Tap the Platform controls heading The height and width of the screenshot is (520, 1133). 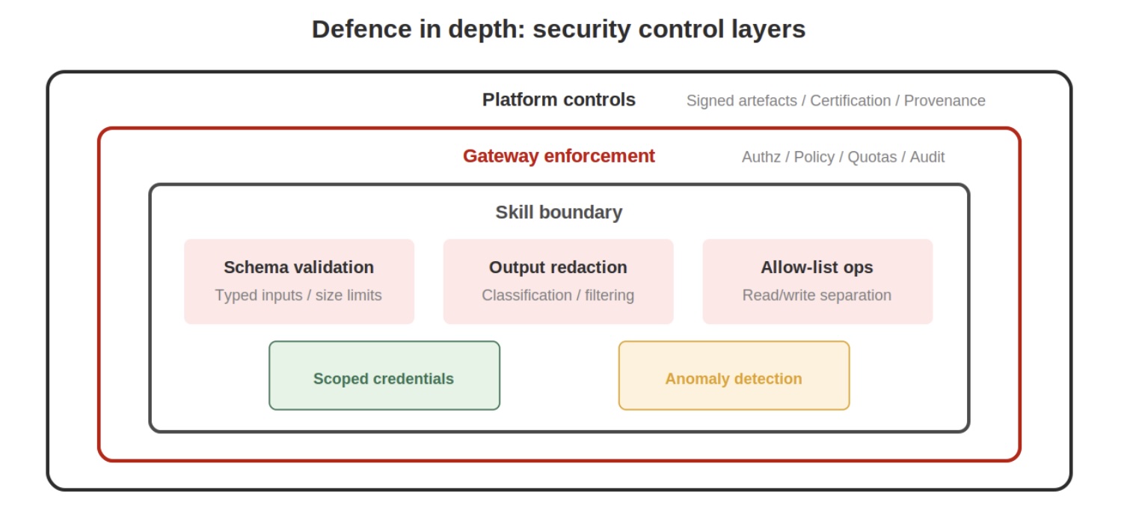tap(559, 100)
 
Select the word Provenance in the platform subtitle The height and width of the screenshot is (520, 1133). tap(945, 101)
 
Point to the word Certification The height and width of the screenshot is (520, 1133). tap(850, 101)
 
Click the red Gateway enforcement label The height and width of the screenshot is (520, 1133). tap(559, 156)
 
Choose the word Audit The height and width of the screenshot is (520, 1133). tap(927, 157)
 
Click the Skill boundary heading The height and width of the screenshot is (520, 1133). tap(559, 212)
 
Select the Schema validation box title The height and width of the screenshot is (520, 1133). tap(298, 267)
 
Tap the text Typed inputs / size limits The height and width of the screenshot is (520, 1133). tap(298, 296)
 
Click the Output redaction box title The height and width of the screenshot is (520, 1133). tap(558, 267)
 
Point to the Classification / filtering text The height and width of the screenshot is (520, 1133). tap(558, 296)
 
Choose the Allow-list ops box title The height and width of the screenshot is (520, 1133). tap(817, 267)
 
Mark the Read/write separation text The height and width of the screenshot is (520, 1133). tap(817, 296)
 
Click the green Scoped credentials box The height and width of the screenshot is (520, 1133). tap(384, 376)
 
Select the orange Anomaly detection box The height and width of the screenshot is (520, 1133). tap(734, 376)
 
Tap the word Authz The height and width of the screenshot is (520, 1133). tap(761, 157)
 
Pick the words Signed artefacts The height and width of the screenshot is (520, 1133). tap(741, 101)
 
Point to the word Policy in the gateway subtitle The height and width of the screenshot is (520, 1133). tap(814, 157)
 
